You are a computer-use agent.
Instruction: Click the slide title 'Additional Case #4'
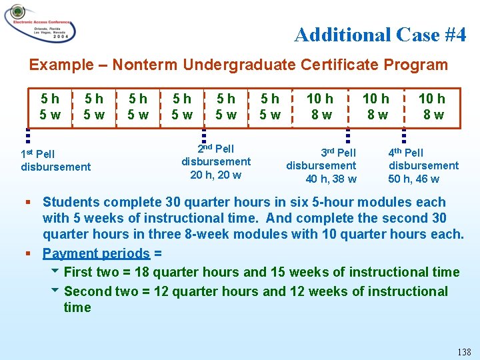click(380, 35)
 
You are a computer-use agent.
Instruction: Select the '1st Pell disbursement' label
click(56, 161)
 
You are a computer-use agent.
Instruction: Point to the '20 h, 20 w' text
click(215, 175)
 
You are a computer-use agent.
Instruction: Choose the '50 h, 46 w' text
click(414, 179)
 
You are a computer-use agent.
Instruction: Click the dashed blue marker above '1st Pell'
click(27, 136)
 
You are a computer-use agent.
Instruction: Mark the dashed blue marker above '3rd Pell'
click(347, 135)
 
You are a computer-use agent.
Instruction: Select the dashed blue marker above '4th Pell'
click(403, 135)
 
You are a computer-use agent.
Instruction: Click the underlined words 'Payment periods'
click(96, 253)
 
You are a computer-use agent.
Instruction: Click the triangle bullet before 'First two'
click(55, 271)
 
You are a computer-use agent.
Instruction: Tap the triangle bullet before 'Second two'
click(55, 291)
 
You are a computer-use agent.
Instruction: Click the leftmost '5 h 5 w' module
click(49, 107)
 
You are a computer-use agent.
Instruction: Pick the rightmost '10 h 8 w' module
click(431, 107)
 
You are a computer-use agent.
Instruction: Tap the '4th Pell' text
click(406, 153)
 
